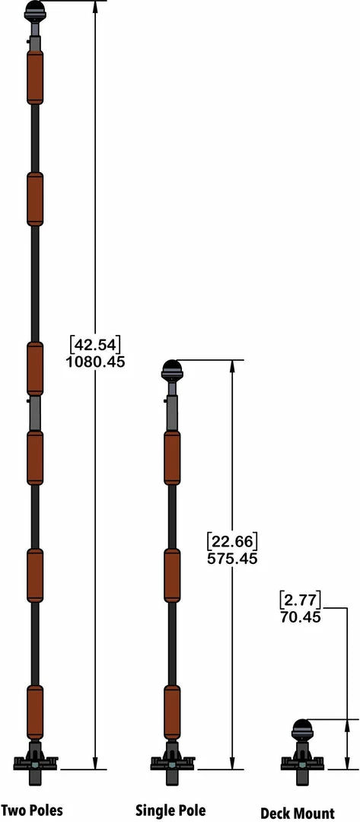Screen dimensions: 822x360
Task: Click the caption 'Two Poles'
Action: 32,810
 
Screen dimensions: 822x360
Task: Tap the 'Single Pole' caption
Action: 170,810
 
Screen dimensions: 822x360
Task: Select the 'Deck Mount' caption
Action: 297,813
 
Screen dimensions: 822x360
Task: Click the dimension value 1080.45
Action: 95,362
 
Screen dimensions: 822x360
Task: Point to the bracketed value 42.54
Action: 95,343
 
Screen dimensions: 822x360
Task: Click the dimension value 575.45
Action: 232,559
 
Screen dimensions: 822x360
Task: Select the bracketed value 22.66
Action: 232,540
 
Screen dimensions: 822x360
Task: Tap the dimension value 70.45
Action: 299,617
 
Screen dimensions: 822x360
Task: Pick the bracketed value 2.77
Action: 299,598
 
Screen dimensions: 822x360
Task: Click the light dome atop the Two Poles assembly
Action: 35,10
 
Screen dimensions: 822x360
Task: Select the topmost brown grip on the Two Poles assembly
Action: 35,77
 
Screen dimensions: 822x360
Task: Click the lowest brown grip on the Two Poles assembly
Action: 35,711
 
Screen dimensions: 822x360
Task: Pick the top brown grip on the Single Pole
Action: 173,457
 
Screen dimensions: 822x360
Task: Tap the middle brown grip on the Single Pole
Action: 173,575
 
